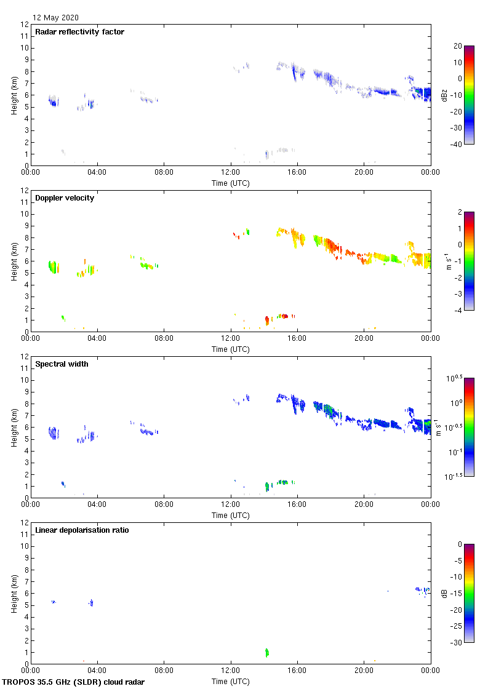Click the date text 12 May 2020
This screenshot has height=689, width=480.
point(55,18)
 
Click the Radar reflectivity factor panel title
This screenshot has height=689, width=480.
point(79,32)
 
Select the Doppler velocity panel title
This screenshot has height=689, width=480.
point(65,198)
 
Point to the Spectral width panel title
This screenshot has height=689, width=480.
point(62,364)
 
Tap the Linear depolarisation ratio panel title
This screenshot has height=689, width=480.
point(82,530)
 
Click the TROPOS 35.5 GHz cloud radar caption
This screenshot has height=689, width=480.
point(73,682)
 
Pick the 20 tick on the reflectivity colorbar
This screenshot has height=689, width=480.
point(457,46)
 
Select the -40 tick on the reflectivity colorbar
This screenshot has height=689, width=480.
point(457,145)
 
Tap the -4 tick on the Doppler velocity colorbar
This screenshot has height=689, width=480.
point(457,311)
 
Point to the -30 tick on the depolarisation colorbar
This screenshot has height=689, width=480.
point(457,643)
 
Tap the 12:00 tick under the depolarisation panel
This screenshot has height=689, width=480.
point(231,671)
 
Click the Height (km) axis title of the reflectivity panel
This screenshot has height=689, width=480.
point(14,95)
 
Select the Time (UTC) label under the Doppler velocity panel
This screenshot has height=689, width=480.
point(231,349)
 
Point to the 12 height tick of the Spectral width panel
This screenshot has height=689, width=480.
point(25,357)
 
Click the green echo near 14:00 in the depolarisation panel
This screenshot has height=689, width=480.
point(267,653)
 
